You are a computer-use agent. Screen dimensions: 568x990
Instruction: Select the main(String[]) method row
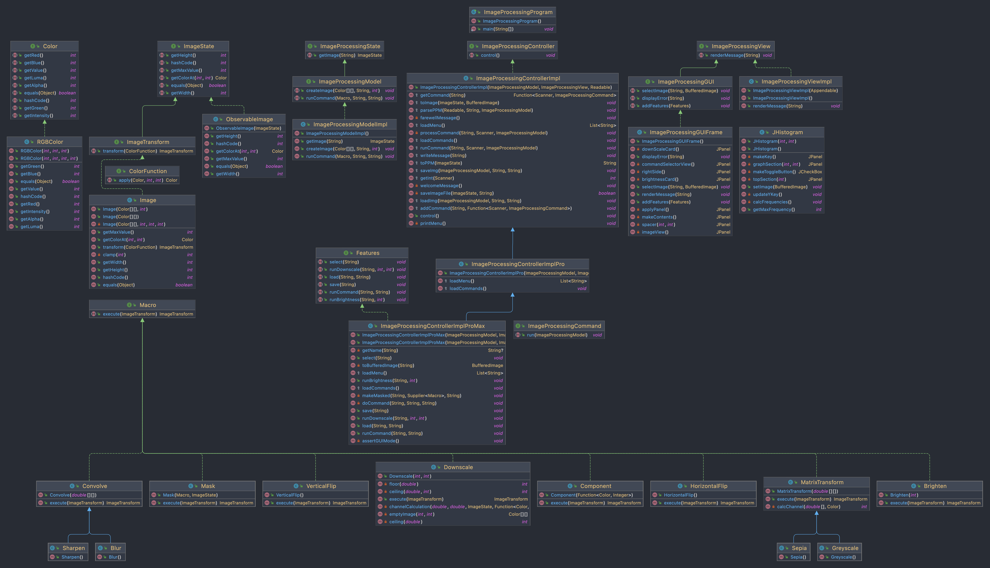pos(498,29)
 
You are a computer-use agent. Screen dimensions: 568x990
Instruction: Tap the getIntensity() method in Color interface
pos(39,116)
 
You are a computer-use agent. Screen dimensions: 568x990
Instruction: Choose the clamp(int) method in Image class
pos(114,255)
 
